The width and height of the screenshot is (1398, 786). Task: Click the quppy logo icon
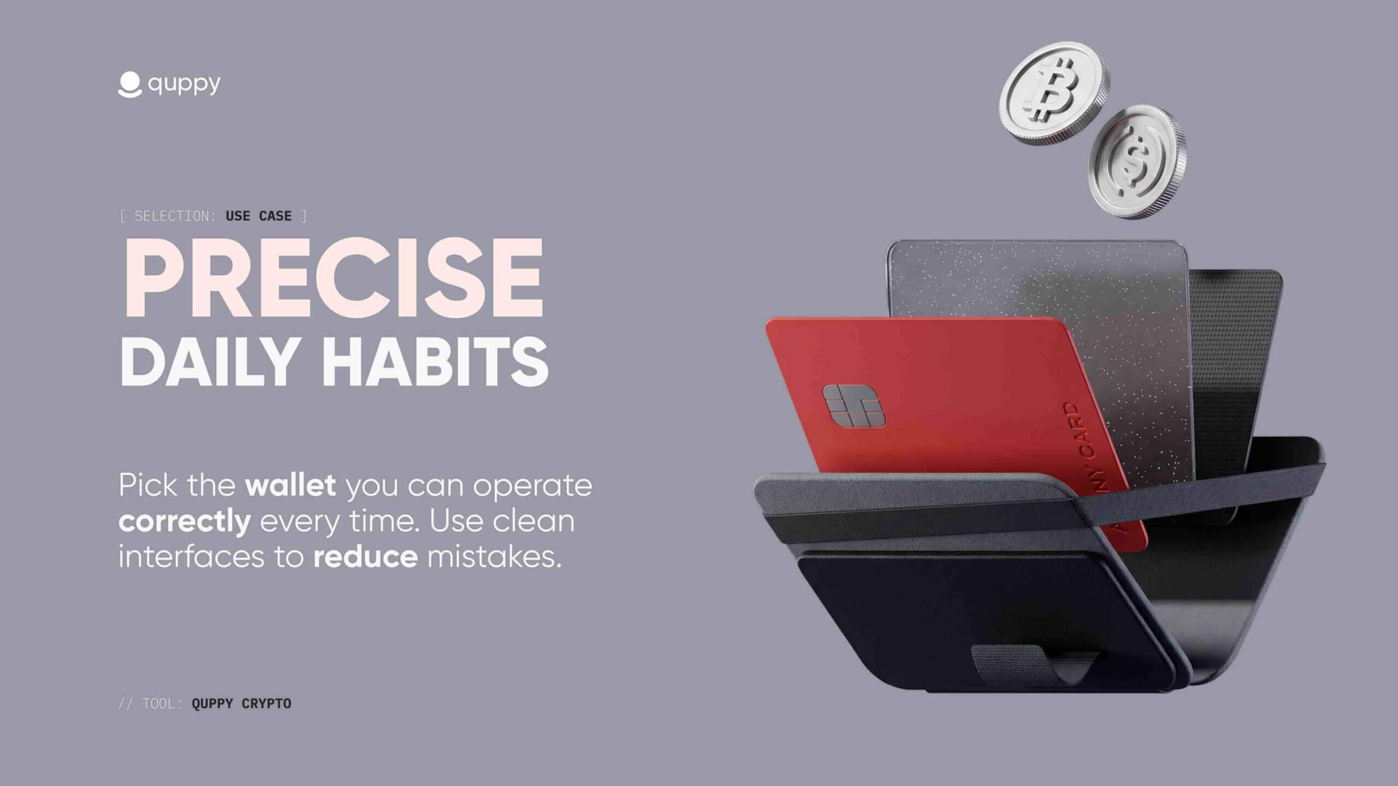[x=129, y=85]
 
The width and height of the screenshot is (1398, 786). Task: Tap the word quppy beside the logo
[x=184, y=85]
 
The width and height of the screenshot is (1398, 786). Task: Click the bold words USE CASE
[x=258, y=216]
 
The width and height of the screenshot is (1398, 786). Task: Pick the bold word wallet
[x=291, y=485]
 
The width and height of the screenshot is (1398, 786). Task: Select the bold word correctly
[x=185, y=521]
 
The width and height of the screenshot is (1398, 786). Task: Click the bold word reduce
[x=365, y=557]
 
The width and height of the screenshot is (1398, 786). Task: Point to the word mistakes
[x=494, y=557]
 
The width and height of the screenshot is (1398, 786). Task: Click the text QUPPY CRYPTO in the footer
[x=241, y=704]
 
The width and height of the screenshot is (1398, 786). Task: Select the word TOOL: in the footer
[x=162, y=704]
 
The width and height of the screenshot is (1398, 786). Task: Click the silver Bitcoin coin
[x=1054, y=93]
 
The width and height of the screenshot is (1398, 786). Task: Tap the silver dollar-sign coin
[x=1137, y=163]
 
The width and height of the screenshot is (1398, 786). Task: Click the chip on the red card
[x=854, y=406]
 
